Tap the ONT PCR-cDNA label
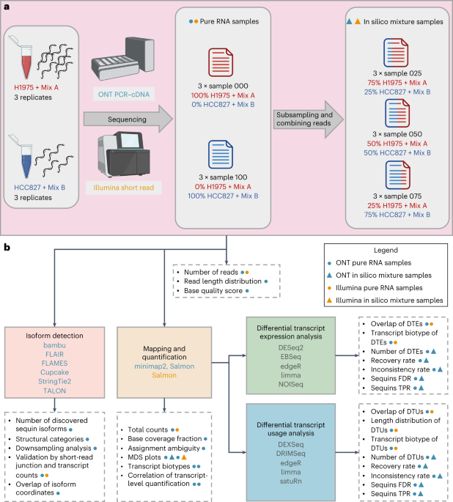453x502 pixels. [x=124, y=95]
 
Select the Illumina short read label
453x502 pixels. [x=124, y=188]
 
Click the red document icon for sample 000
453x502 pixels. [x=221, y=62]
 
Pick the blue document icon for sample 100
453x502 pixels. [x=221, y=155]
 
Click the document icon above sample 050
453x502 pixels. [x=397, y=114]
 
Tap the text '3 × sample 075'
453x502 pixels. [x=397, y=196]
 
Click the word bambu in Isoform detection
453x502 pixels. [x=54, y=345]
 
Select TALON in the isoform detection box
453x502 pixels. [x=54, y=391]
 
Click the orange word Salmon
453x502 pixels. [x=164, y=375]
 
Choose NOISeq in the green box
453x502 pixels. [x=291, y=384]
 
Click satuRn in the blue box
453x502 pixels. [x=291, y=481]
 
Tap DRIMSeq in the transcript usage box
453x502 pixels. [x=291, y=454]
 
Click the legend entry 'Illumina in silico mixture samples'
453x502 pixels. [x=385, y=300]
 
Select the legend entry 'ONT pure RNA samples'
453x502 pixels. [x=374, y=263]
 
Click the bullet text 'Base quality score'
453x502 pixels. [x=213, y=291]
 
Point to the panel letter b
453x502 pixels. [x=7, y=247]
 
